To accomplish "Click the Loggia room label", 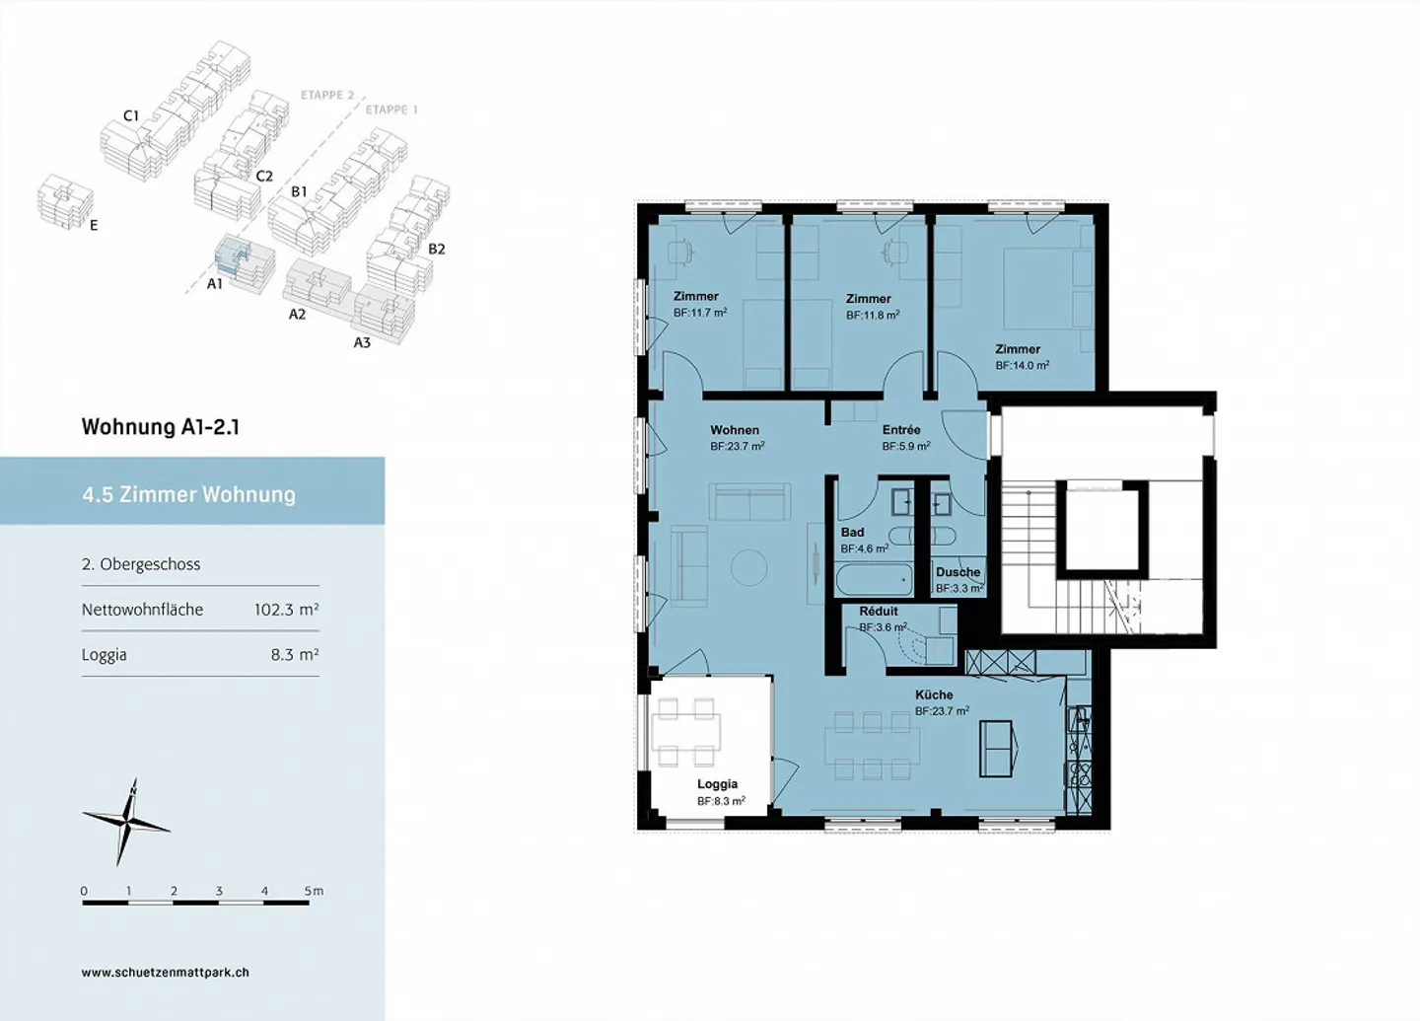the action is point(717,784).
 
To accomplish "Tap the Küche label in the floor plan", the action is point(934,694).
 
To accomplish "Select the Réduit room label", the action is point(879,612).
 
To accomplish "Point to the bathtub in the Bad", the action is point(874,580).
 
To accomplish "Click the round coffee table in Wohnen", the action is point(748,566).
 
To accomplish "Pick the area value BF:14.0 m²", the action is point(1022,365).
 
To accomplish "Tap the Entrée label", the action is point(901,429).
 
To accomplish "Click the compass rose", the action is point(127,823).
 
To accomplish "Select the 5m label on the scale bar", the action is point(314,891).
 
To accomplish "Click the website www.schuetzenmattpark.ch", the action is point(166,973).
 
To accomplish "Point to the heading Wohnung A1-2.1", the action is point(161,427).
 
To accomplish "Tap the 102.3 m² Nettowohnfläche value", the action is point(287,610).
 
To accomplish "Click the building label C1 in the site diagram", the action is point(130,116).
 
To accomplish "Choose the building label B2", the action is point(437,249).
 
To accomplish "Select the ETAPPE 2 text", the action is point(327,95).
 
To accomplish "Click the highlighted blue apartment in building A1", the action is point(230,255).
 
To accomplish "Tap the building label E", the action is point(94,225).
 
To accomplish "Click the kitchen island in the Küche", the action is point(998,749).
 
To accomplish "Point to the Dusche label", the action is point(958,572).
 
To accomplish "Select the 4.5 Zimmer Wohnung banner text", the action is point(189,494).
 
